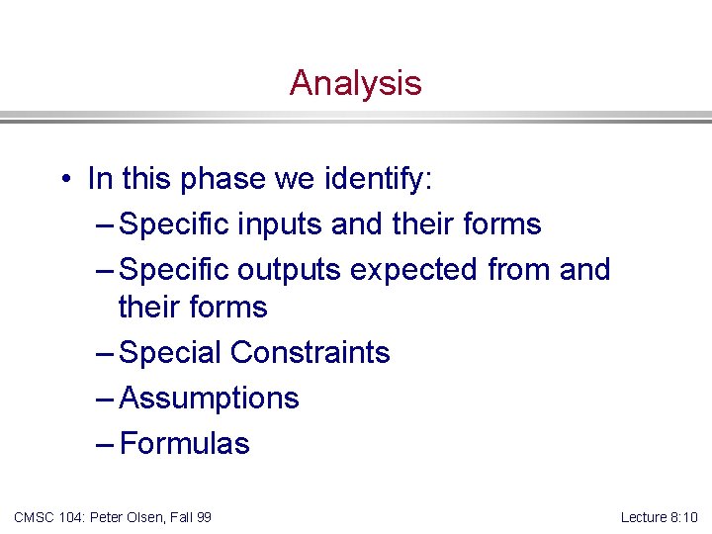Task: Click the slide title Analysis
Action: tap(355, 83)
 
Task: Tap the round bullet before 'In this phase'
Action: tap(62, 180)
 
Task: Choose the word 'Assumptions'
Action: tap(209, 399)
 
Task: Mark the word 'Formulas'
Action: tap(184, 444)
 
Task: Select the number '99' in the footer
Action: tap(203, 517)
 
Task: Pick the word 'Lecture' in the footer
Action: tap(644, 517)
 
